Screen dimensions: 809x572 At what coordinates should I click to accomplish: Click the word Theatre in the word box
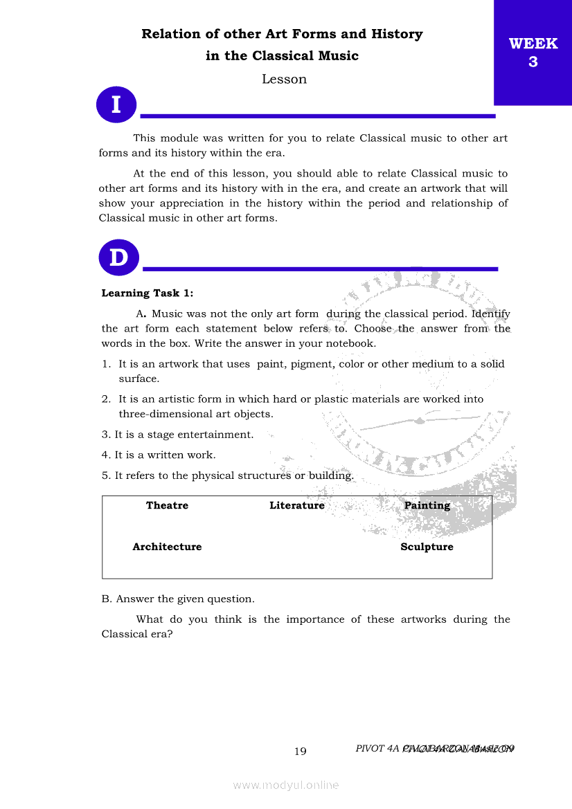[167, 505]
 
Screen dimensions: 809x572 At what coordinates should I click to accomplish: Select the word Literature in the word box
[296, 505]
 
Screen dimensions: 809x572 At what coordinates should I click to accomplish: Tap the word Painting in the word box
[427, 505]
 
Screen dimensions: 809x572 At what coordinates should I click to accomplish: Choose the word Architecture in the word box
[167, 547]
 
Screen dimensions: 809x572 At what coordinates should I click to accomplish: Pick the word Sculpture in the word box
[427, 547]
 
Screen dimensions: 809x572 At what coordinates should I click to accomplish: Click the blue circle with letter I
[116, 105]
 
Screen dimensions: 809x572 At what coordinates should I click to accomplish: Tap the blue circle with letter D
[118, 257]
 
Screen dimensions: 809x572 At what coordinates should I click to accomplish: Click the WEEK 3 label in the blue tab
[533, 53]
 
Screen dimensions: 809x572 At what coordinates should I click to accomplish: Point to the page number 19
[300, 752]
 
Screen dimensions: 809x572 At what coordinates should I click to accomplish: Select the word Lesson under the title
[284, 79]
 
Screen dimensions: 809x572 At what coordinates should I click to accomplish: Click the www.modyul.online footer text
[286, 785]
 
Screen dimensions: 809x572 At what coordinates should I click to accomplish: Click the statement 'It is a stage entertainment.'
[184, 435]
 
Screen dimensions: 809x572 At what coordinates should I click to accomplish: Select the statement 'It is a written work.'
[165, 455]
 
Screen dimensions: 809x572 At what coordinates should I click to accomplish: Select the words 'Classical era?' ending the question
[136, 634]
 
